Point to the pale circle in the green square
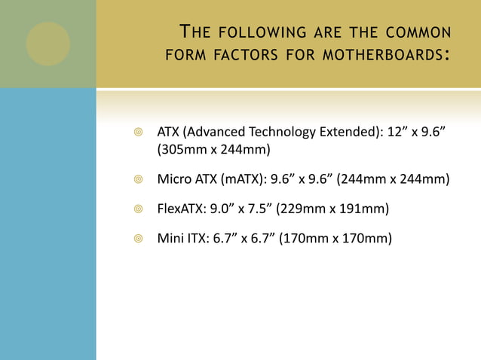tap(47, 43)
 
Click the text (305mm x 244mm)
tap(213, 149)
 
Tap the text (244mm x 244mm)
tap(393, 179)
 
